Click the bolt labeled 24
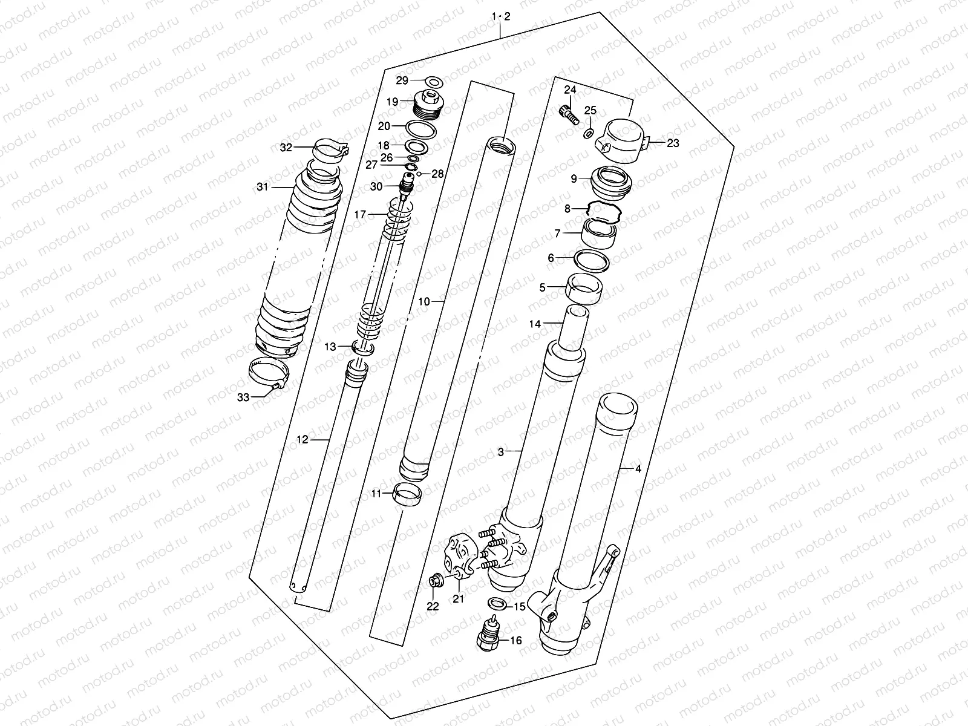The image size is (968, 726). [x=567, y=113]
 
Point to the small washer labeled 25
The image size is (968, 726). [x=589, y=132]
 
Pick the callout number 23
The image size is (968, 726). [x=673, y=143]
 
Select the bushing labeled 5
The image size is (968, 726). [x=583, y=287]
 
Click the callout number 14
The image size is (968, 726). [x=535, y=324]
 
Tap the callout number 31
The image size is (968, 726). [x=262, y=188]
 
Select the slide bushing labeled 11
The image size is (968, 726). [x=407, y=494]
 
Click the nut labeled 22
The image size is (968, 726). [x=434, y=582]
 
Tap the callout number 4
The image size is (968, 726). [x=637, y=469]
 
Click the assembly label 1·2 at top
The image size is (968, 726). [x=501, y=16]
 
